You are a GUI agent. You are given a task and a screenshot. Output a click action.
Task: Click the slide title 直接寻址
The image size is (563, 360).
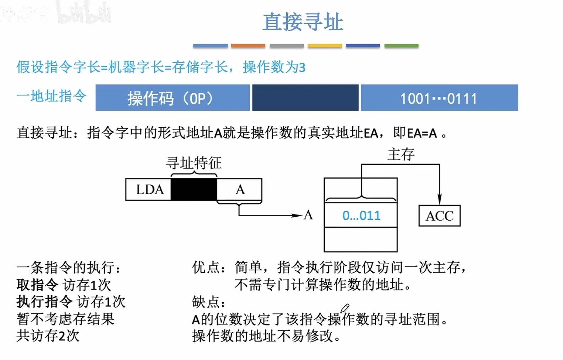[303, 22]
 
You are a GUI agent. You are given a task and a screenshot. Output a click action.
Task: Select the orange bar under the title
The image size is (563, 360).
[248, 46]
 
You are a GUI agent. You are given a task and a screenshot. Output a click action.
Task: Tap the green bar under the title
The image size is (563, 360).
[401, 46]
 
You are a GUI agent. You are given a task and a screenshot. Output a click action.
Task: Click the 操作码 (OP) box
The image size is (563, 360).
[172, 98]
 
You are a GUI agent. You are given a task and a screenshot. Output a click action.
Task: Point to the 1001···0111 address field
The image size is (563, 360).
[439, 98]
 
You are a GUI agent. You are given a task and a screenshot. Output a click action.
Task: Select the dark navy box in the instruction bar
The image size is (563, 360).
[305, 98]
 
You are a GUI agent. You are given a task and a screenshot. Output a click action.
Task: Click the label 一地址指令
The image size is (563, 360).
[52, 96]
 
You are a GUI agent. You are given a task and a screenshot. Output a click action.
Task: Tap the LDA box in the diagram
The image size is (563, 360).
[149, 190]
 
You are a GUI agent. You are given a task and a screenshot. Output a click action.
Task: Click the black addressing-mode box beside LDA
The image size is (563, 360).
[194, 190]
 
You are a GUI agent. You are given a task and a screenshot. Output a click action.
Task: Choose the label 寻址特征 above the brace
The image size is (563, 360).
[194, 163]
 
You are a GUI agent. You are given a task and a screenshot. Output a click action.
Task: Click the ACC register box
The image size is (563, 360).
[440, 216]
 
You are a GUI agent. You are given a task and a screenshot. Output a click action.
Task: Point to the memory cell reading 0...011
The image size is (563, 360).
[361, 216]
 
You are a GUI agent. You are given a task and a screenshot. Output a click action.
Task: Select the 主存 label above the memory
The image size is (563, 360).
[401, 154]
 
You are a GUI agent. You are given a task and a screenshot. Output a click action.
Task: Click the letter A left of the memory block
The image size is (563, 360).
[308, 215]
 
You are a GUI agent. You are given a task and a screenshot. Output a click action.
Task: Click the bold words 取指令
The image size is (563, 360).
[37, 285]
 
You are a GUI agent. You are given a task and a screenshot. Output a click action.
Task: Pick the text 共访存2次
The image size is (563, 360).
[48, 336]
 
